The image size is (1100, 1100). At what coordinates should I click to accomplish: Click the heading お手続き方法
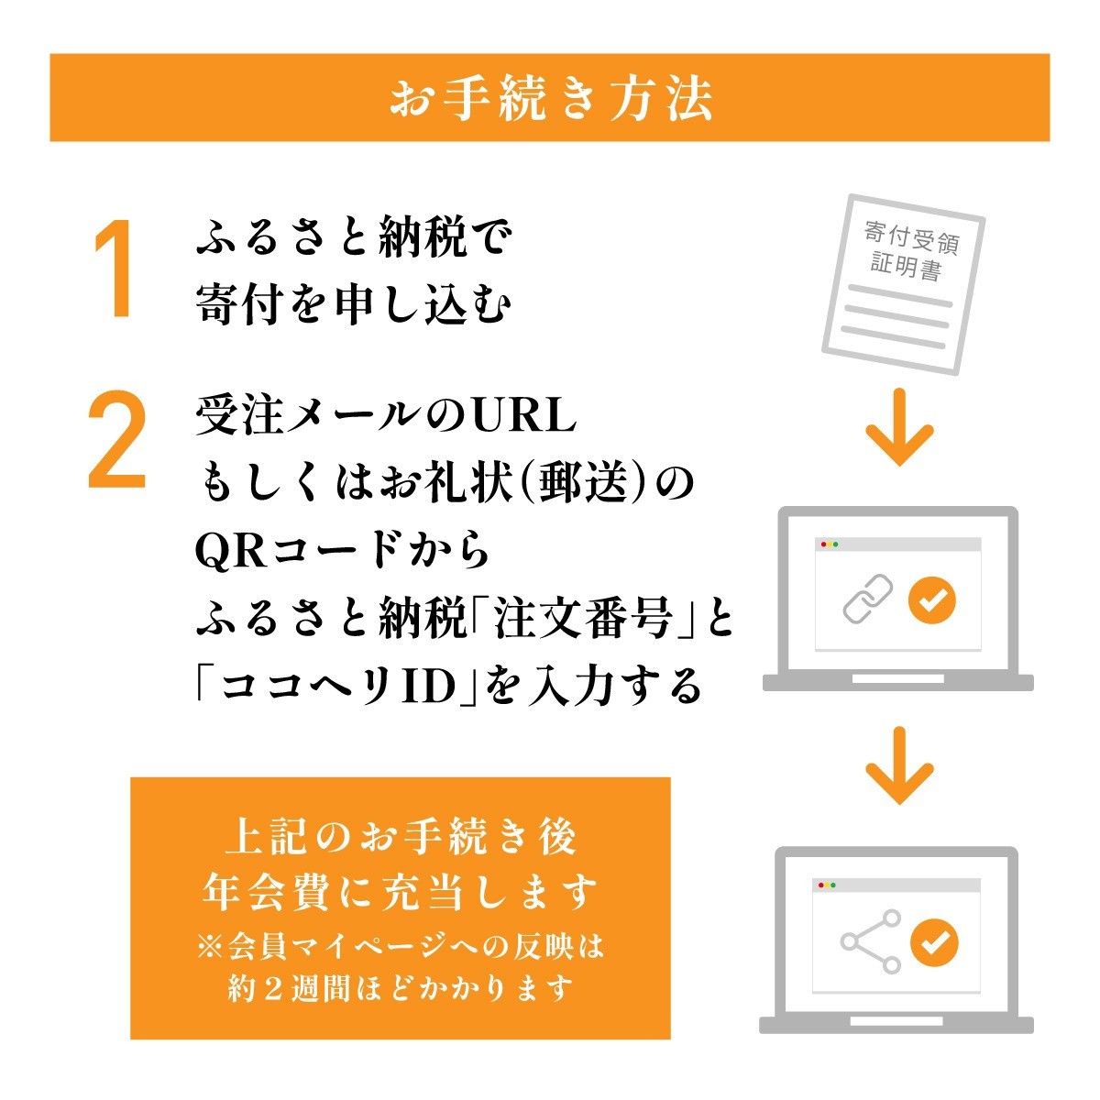coord(551,98)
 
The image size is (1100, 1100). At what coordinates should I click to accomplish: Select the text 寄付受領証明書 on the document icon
coord(910,251)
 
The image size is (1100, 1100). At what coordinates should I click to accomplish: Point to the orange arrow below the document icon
coord(899,427)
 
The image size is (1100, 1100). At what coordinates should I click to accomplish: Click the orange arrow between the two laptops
coord(899,765)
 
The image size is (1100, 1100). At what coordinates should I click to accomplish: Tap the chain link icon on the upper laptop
coord(868,599)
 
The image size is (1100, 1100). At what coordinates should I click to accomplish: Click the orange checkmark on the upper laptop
coord(931,599)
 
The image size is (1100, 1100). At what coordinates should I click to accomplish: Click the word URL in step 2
coord(524,415)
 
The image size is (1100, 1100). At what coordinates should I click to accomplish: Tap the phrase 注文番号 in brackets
coord(582,620)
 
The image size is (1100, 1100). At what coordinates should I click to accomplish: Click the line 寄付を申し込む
coord(353,303)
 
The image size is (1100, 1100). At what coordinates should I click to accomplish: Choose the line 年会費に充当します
coord(400,891)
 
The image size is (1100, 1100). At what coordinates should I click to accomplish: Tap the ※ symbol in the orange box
coord(211,947)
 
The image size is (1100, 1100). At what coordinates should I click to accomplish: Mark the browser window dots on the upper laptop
coord(830,544)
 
